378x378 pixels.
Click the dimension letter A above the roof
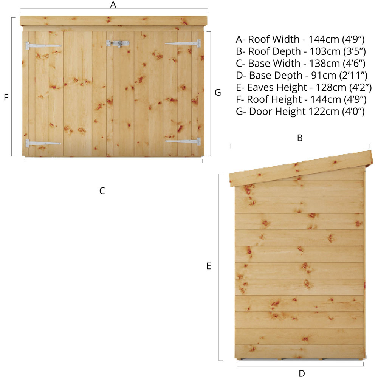[113, 4]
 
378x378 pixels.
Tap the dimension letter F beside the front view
[6, 97]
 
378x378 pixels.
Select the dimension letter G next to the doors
[218, 92]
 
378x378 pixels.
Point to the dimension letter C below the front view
[102, 191]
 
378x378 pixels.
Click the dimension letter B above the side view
[300, 138]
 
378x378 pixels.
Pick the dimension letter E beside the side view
[209, 266]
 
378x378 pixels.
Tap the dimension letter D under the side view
[302, 373]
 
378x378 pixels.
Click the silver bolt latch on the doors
[118, 43]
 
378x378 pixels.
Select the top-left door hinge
[43, 46]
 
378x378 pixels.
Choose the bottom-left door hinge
[43, 143]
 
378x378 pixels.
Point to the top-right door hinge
[183, 43]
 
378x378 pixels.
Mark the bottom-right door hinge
[183, 141]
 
